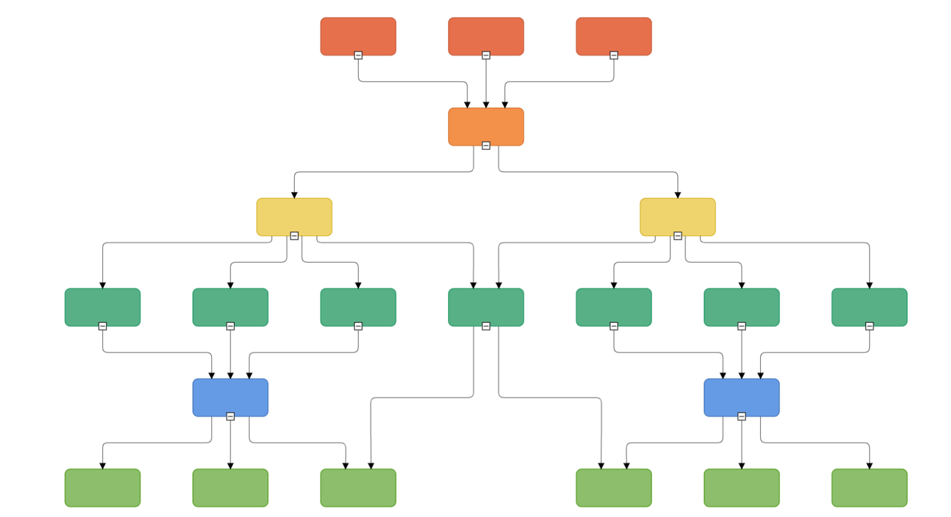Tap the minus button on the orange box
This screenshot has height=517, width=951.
[x=486, y=146]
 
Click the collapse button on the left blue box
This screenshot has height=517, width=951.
[x=230, y=416]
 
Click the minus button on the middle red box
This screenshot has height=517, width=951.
[x=486, y=55]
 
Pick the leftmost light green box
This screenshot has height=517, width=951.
[x=102, y=487]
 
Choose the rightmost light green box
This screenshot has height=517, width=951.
[x=869, y=487]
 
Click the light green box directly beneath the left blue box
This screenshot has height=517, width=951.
[x=230, y=487]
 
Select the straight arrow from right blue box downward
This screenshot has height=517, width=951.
[x=742, y=443]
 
